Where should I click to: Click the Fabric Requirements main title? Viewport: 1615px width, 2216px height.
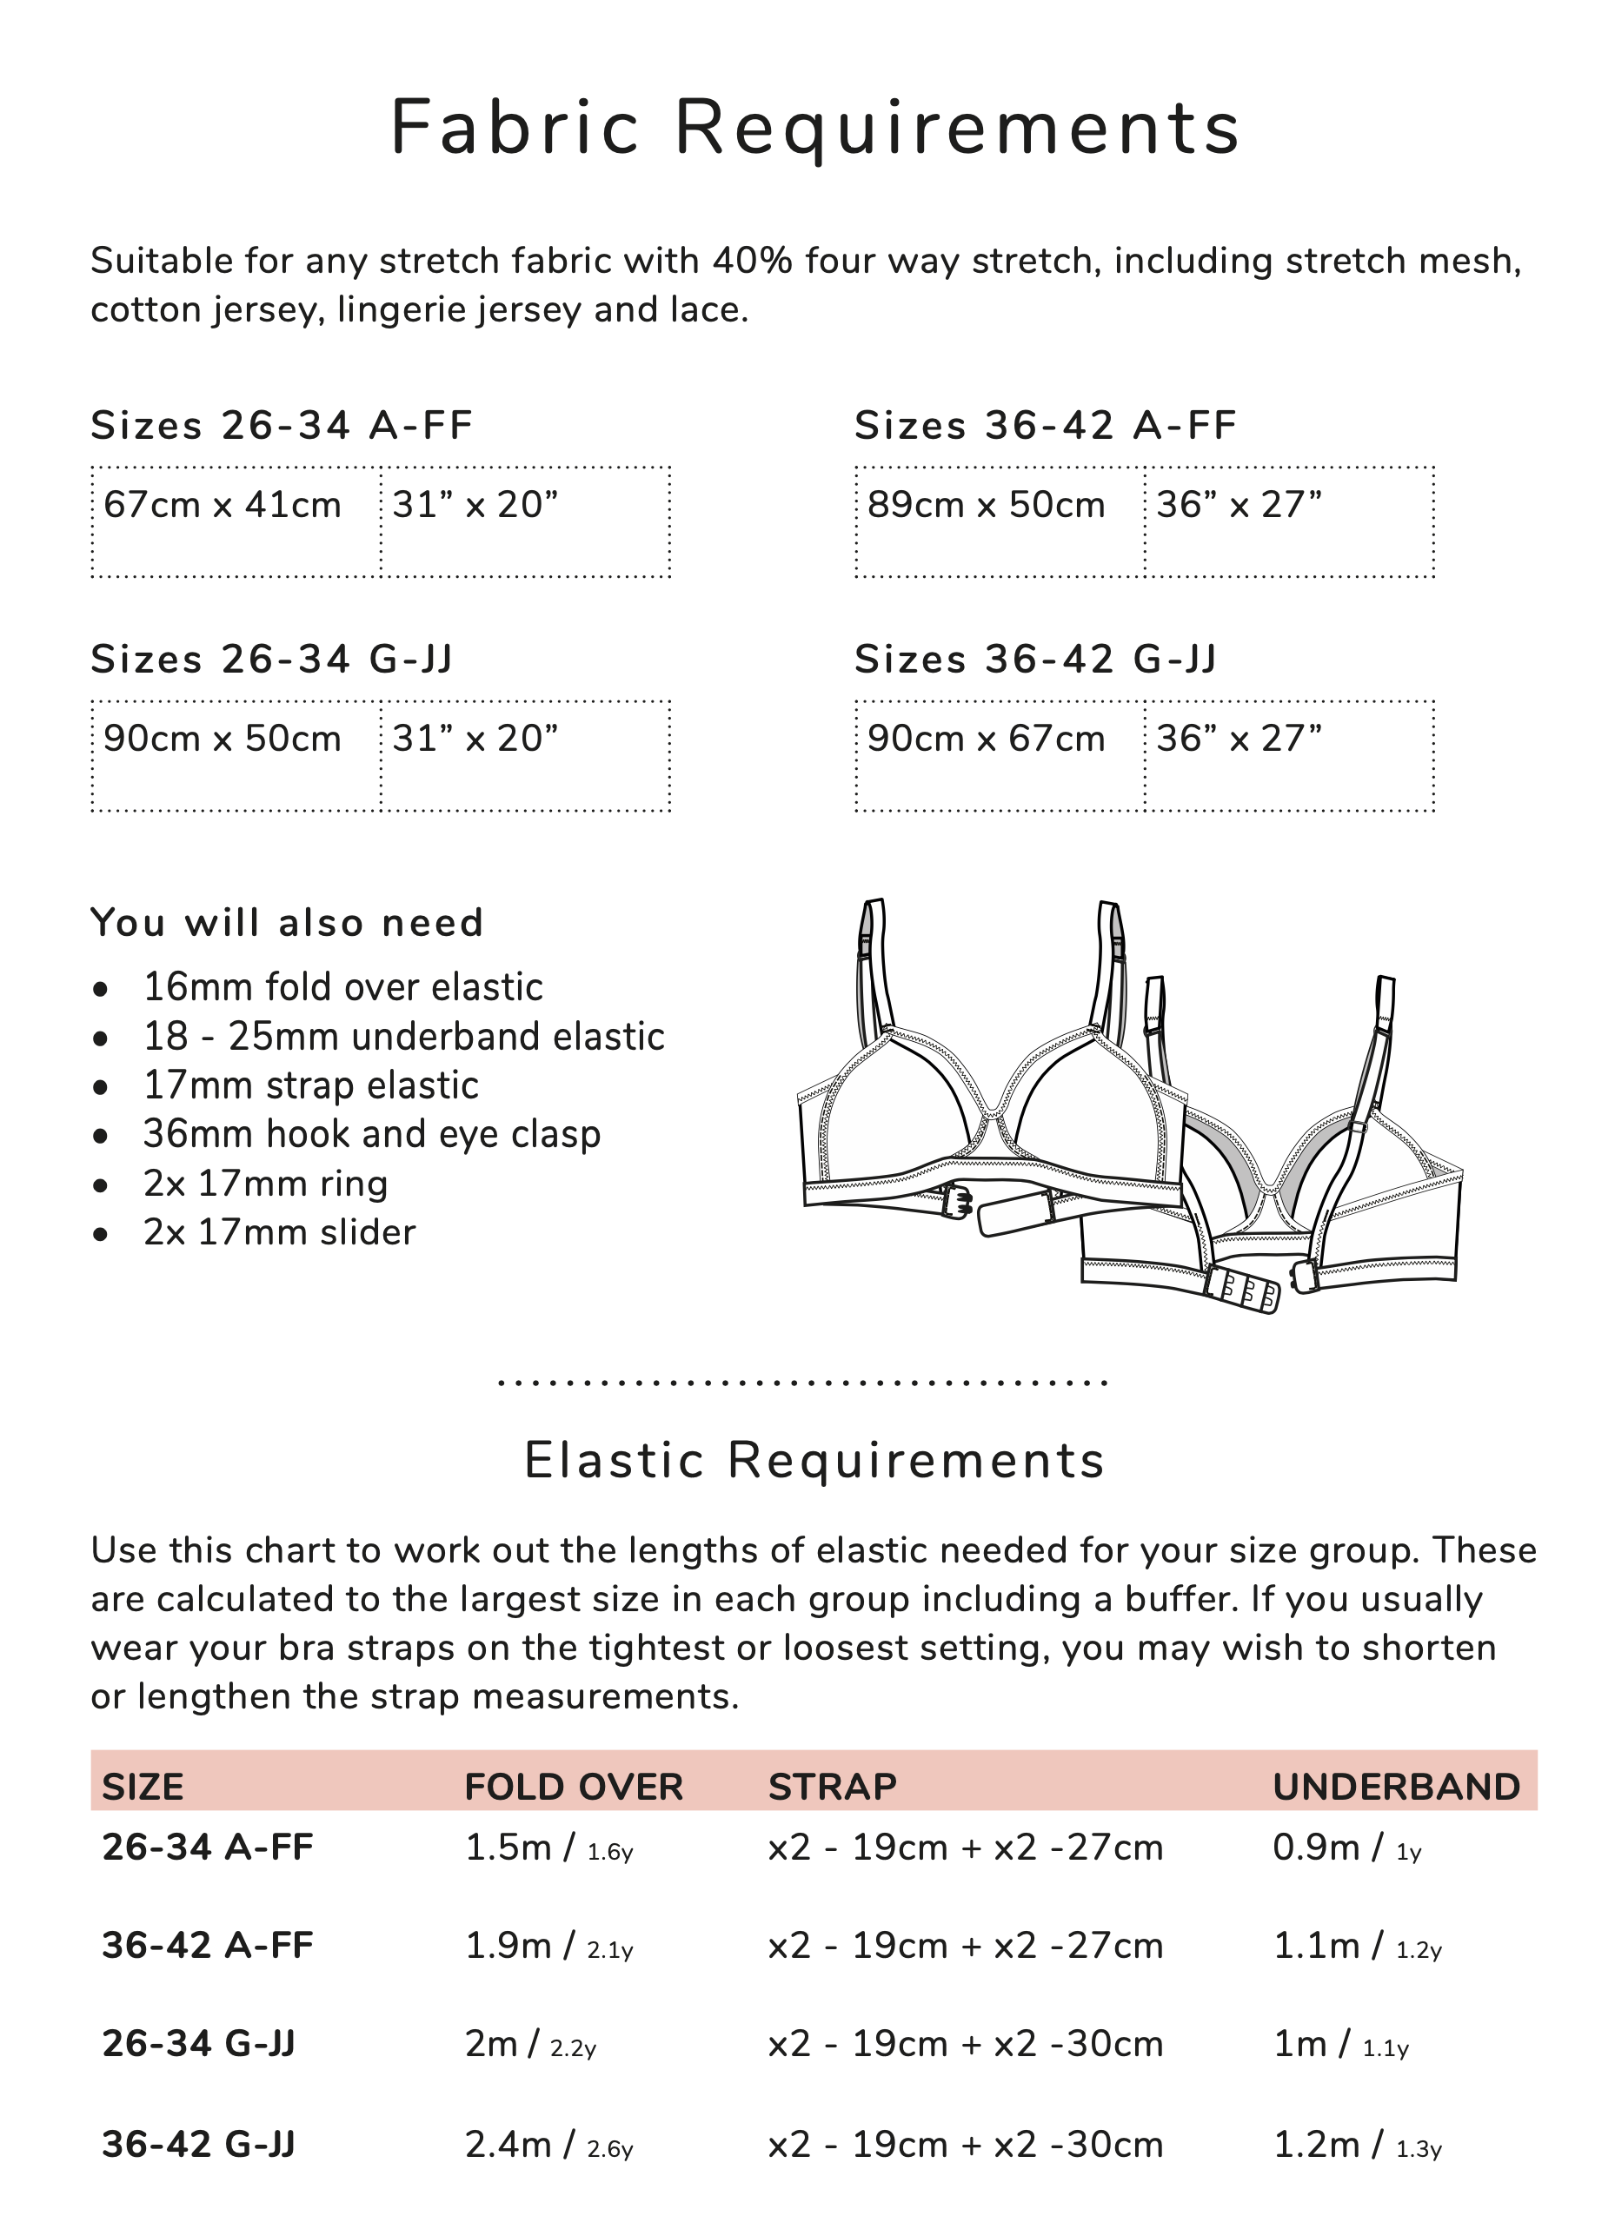point(814,128)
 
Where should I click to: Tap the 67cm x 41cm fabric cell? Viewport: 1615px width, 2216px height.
point(222,506)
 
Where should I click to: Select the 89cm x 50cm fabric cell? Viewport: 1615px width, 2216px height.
point(986,506)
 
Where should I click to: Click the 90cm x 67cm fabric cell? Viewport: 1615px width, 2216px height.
point(986,739)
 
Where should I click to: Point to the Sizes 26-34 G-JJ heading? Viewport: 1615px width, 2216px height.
point(272,660)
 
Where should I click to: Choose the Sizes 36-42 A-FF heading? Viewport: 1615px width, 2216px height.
point(1045,426)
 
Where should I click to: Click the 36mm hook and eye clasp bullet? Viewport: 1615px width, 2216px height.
point(371,1135)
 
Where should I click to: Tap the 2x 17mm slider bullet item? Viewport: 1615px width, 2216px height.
point(279,1232)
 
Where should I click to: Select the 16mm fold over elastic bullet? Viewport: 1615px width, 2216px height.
point(342,987)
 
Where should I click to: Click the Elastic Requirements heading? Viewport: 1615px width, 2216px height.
point(814,1461)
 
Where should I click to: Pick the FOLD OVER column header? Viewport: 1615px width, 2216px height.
point(573,1787)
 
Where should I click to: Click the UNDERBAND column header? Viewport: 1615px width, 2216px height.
point(1396,1787)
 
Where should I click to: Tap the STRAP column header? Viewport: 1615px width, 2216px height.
point(832,1787)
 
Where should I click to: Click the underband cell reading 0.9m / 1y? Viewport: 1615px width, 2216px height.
point(1346,1848)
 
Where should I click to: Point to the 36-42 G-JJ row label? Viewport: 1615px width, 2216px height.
point(198,2145)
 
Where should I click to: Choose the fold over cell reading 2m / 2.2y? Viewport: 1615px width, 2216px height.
point(530,2044)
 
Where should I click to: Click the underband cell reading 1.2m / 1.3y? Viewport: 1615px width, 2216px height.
point(1356,2145)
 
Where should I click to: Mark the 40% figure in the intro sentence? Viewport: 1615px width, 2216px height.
point(751,261)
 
